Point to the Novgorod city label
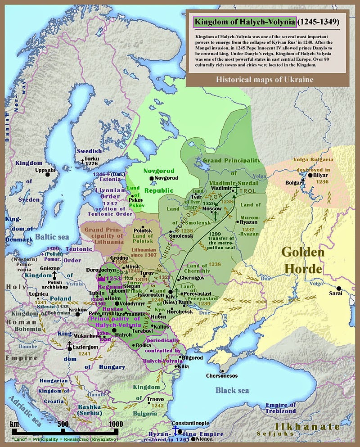(x=166, y=178)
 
